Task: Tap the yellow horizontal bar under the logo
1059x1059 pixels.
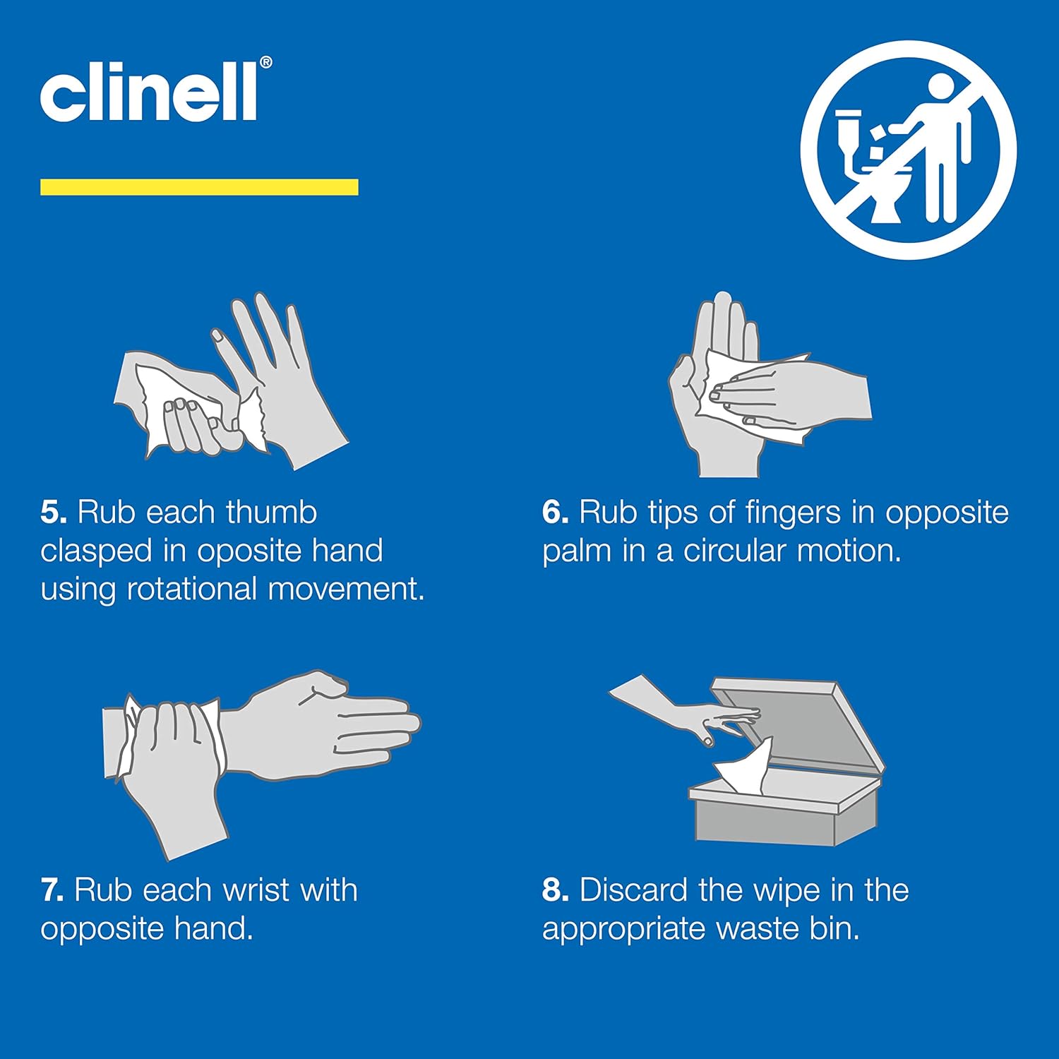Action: [x=199, y=187]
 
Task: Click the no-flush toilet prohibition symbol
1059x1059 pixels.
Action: [x=908, y=150]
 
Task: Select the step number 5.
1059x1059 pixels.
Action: [x=54, y=513]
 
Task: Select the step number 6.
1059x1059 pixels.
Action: [x=555, y=513]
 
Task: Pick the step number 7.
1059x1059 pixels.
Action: [x=53, y=890]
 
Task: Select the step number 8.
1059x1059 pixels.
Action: [x=555, y=890]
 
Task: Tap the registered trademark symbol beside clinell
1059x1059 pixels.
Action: [x=265, y=63]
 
